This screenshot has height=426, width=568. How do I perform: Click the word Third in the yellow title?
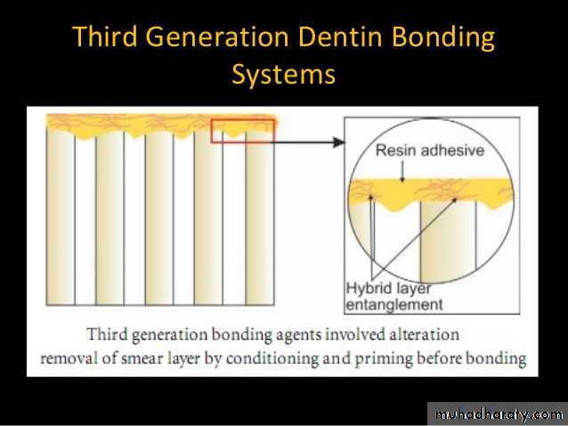point(105,36)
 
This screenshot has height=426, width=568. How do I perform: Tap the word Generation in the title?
point(217,37)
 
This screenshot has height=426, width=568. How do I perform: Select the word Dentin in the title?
point(341,36)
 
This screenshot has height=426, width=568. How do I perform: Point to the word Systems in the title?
point(284,75)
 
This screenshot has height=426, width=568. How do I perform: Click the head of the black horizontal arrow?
point(338,142)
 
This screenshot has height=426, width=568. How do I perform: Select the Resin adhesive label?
point(430,150)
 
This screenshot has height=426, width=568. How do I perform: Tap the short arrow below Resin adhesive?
point(402,171)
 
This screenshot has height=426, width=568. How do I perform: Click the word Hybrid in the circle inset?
point(369,288)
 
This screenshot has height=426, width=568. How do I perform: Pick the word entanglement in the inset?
point(394,305)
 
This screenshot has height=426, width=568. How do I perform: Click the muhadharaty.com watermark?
point(499,414)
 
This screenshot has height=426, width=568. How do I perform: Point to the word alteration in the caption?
point(425,334)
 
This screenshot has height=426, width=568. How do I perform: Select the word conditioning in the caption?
point(272,359)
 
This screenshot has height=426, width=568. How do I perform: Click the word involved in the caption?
point(355,334)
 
